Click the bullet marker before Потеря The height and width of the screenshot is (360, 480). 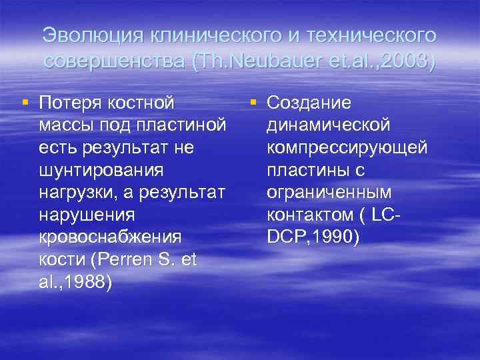(x=25, y=103)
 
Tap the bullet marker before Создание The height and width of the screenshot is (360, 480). (x=253, y=103)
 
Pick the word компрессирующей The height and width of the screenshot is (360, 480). (x=347, y=148)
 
